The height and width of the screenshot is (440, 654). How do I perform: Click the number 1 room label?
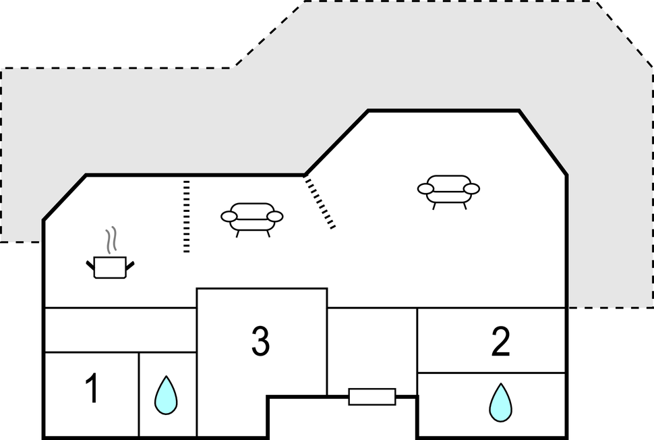click(x=92, y=389)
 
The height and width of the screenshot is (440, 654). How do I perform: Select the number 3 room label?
click(x=260, y=341)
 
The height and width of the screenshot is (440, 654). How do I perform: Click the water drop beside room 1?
click(x=166, y=395)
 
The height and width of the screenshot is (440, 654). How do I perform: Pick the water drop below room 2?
click(x=500, y=402)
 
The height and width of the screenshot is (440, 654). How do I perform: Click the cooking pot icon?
click(x=111, y=267)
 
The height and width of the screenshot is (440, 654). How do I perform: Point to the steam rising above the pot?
click(x=113, y=240)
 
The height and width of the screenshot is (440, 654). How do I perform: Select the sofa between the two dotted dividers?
click(x=251, y=218)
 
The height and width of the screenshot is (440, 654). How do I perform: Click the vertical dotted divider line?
click(x=186, y=216)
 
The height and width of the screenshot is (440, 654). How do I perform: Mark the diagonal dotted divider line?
click(x=320, y=202)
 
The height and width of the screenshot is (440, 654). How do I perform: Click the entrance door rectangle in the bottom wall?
click(x=371, y=397)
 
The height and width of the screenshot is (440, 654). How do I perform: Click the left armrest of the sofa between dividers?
click(x=229, y=217)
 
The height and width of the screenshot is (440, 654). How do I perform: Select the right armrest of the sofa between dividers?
click(x=274, y=217)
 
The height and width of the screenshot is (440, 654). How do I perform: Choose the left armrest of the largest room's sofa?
click(x=425, y=189)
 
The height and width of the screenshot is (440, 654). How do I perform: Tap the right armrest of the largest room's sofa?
click(x=471, y=189)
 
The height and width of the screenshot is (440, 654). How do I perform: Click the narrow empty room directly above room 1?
click(x=120, y=330)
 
